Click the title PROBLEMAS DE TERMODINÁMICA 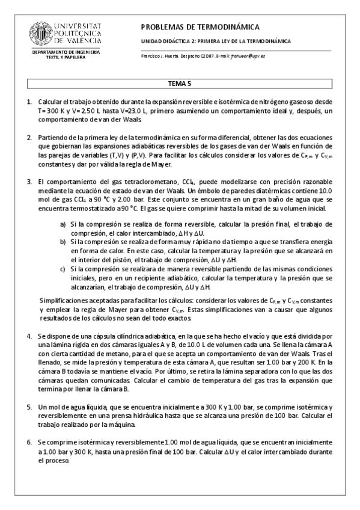pyautogui.click(x=200, y=27)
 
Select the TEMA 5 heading pyautogui.click(x=180, y=85)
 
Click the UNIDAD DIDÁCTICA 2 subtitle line pyautogui.click(x=215, y=41)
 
